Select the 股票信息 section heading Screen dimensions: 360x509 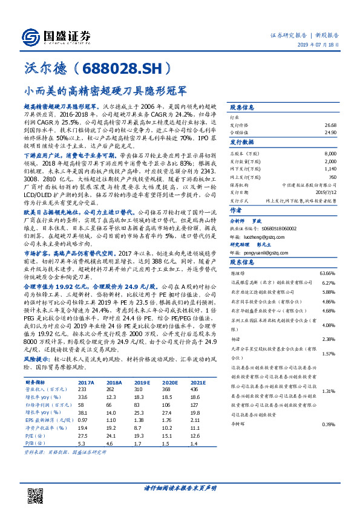243,107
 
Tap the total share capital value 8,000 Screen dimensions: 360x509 329,155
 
